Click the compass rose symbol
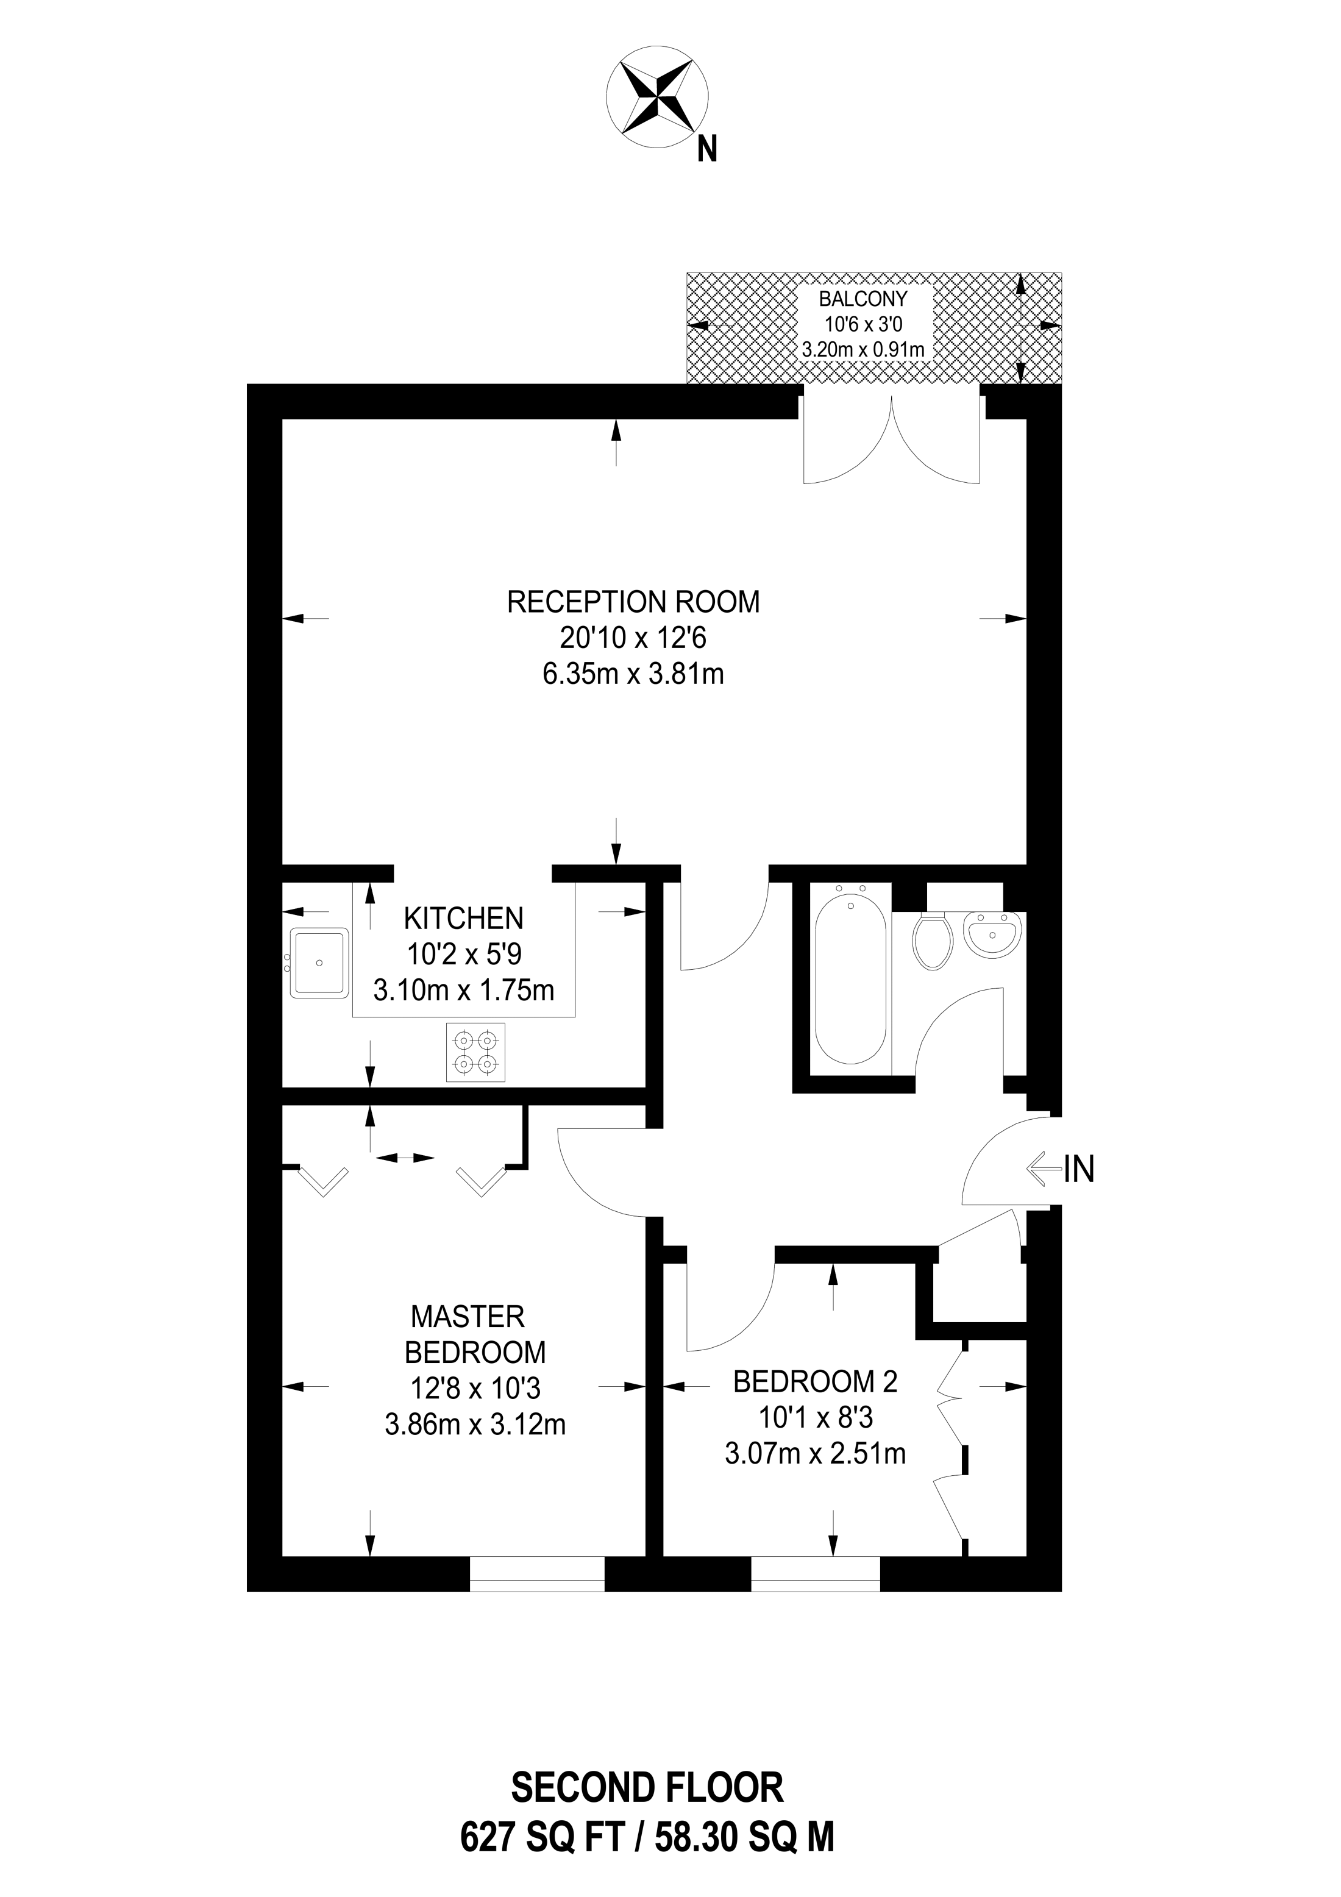(657, 97)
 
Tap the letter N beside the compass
(706, 149)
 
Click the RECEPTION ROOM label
(633, 602)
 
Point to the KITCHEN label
(463, 918)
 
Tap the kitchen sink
(319, 963)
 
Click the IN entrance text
(1078, 1170)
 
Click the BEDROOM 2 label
(815, 1381)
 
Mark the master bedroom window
(537, 1574)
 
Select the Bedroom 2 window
(815, 1574)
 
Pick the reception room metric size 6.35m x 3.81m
(633, 674)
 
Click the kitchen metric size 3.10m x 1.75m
(463, 990)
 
